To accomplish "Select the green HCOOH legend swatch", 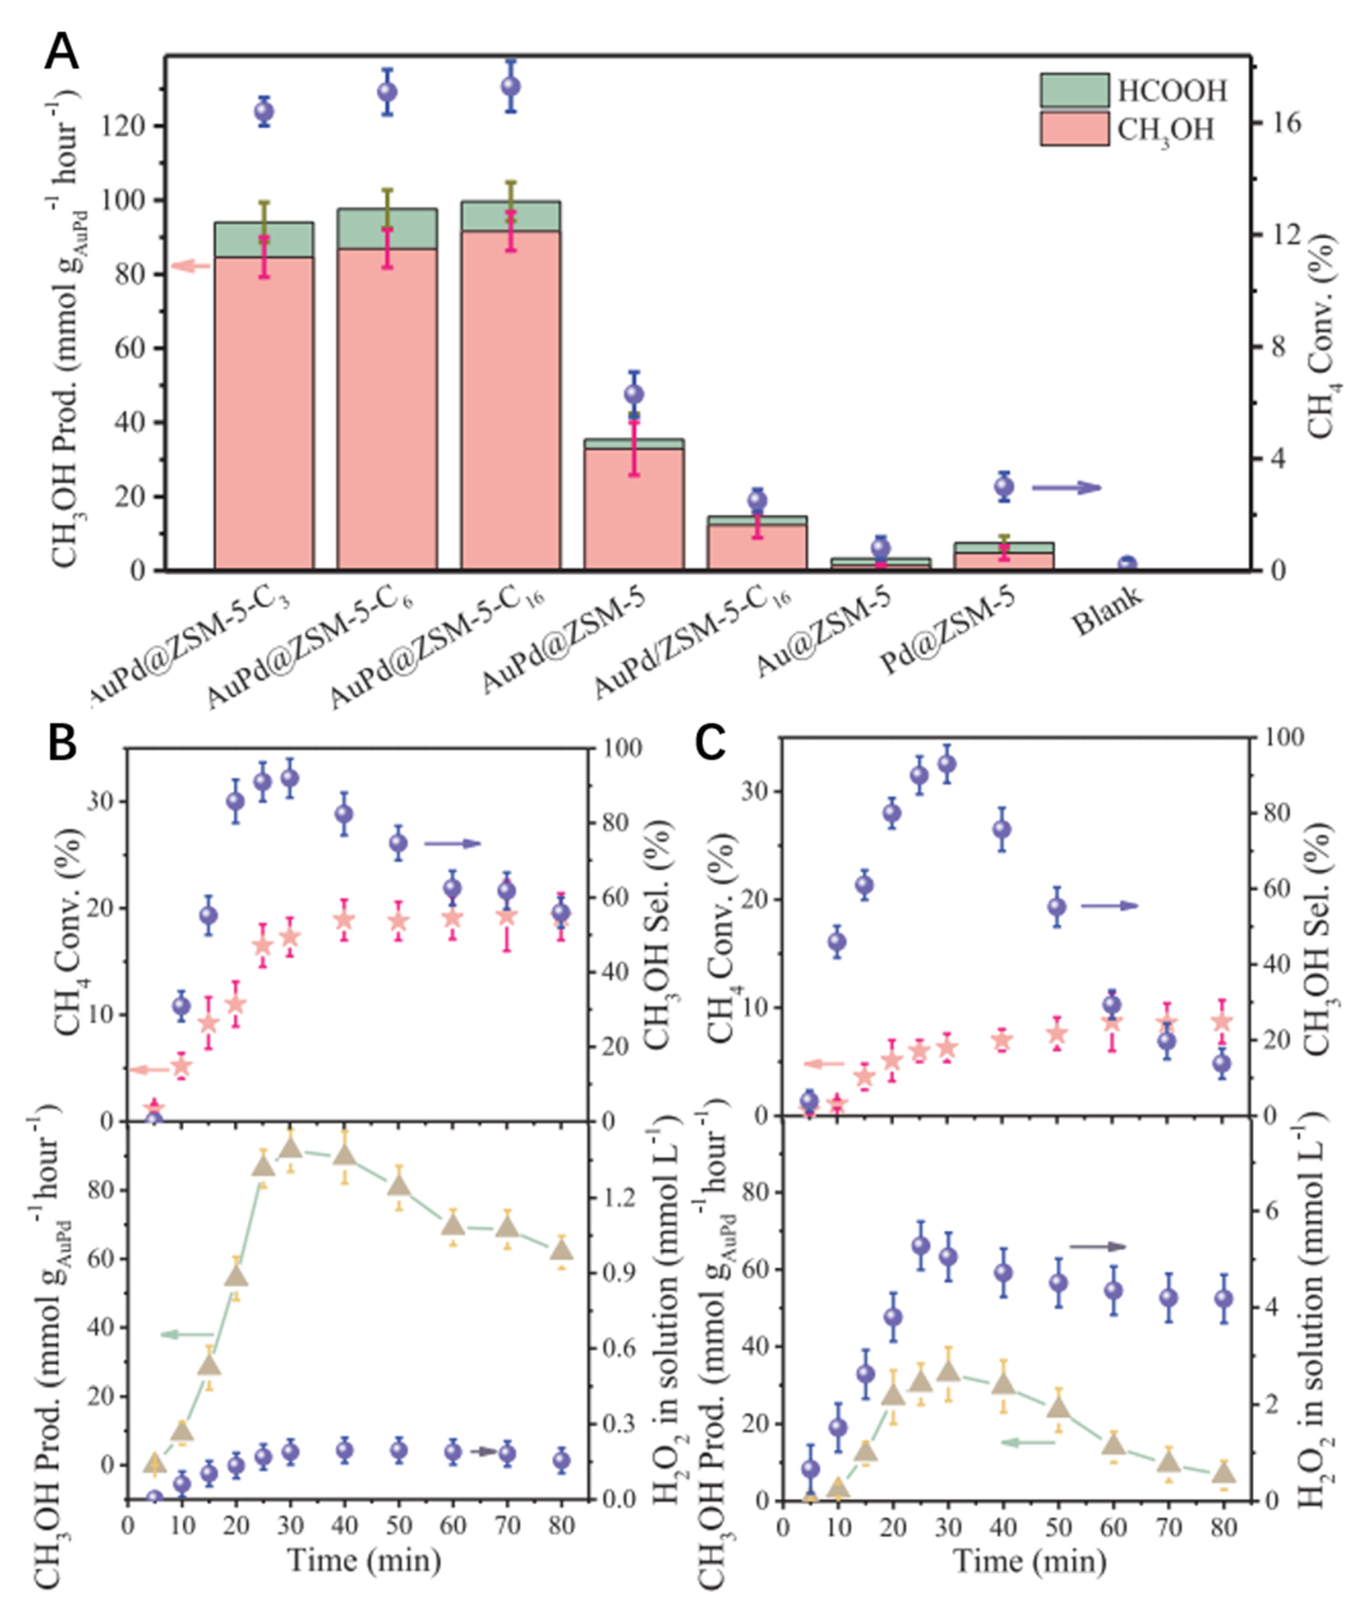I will (x=1074, y=91).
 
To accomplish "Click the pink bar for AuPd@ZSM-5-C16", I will (x=510, y=400).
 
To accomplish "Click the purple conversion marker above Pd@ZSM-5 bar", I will (x=1004, y=487).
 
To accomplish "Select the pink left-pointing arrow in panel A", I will (x=191, y=266).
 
